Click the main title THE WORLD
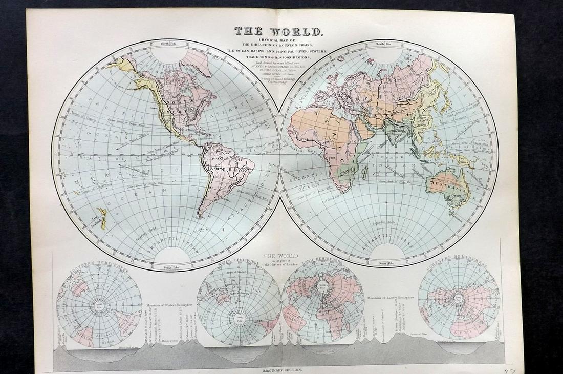pyautogui.click(x=278, y=31)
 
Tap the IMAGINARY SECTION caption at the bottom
pyautogui.click(x=281, y=369)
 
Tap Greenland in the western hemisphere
pyautogui.click(x=197, y=61)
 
